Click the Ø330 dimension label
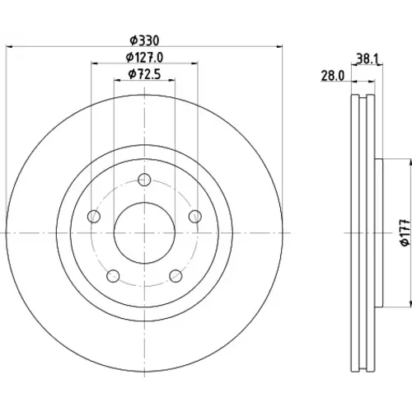(x=144, y=41)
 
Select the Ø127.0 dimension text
(x=144, y=58)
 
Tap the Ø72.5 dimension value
(x=144, y=74)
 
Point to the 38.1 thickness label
(x=368, y=59)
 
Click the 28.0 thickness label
(x=332, y=76)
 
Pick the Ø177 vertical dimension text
(x=405, y=232)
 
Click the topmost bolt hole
(x=144, y=180)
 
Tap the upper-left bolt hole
(x=94, y=217)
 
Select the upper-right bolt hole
(x=195, y=216)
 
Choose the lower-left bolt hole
(x=113, y=276)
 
